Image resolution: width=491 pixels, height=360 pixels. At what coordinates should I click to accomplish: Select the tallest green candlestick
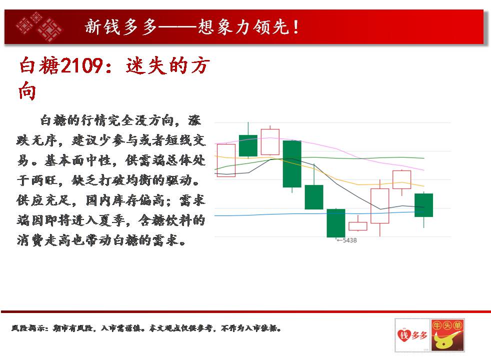click(x=292, y=164)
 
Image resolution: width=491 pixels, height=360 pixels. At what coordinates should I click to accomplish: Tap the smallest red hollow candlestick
click(x=358, y=226)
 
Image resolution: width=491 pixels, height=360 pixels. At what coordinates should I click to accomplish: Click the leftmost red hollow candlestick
click(x=226, y=160)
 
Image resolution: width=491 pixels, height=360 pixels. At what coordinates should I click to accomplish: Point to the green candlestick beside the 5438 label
click(x=336, y=223)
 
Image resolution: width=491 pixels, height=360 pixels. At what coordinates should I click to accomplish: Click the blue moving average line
click(x=319, y=214)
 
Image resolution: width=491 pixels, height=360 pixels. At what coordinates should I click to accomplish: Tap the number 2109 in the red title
click(x=81, y=65)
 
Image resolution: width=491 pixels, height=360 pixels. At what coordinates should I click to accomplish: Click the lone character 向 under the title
click(x=27, y=91)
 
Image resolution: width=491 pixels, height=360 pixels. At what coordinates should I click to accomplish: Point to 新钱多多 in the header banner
click(x=120, y=26)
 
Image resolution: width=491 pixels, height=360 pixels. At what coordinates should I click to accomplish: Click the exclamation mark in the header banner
click(x=295, y=27)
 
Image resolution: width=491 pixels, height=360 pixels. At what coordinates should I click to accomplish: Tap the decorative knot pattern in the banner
click(x=39, y=26)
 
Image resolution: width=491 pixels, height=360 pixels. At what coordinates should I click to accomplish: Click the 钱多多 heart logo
click(x=412, y=335)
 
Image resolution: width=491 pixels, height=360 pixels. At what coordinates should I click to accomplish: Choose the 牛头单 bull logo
click(x=447, y=335)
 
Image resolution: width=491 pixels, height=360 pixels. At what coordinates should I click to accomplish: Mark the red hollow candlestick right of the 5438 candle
click(x=358, y=226)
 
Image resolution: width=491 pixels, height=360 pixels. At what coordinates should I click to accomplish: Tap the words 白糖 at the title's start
click(x=39, y=65)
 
